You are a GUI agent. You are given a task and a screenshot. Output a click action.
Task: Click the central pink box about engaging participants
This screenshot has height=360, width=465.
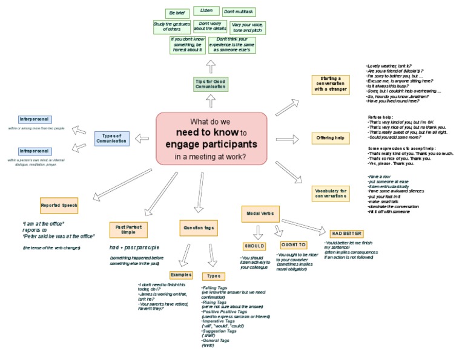click(211, 138)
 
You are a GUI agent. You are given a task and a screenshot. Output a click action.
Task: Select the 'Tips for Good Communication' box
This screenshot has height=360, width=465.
click(211, 84)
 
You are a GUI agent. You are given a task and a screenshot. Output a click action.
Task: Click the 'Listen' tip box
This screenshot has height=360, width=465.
click(206, 11)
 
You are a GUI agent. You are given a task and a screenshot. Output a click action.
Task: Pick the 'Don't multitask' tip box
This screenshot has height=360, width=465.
click(239, 13)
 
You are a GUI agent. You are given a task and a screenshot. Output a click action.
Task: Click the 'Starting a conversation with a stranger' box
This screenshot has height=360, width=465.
click(331, 84)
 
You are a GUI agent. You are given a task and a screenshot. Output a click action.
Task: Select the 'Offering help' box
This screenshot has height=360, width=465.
click(331, 138)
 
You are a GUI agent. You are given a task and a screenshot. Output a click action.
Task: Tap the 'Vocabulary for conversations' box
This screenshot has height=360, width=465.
click(331, 194)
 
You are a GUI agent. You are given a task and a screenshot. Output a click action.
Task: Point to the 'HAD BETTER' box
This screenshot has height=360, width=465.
click(347, 234)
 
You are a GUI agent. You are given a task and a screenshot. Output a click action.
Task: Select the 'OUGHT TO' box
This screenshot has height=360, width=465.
click(292, 244)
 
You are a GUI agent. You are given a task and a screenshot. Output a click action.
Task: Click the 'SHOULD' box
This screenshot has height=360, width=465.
click(254, 246)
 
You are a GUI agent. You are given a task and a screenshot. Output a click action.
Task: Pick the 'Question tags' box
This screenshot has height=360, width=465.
click(198, 228)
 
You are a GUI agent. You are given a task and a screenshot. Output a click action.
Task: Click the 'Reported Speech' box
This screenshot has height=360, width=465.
click(59, 205)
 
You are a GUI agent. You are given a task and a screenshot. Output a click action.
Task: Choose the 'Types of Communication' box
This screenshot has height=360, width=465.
click(111, 138)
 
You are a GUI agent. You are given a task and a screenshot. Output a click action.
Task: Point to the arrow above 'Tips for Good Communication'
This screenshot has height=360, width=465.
click(210, 65)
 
